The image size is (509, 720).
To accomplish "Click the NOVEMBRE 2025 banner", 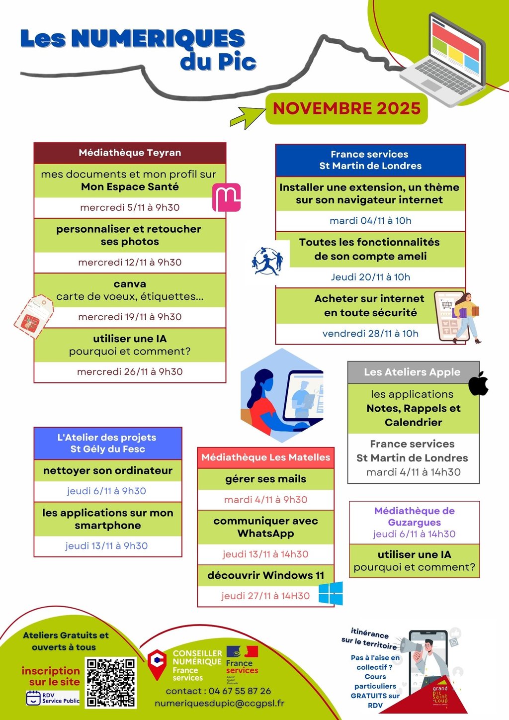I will click(346, 108).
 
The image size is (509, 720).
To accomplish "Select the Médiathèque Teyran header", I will click(130, 153).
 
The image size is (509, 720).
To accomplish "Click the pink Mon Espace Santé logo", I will click(226, 197).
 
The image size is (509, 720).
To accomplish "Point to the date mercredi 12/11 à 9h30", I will click(130, 262).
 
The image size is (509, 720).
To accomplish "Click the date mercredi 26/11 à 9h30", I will click(130, 371).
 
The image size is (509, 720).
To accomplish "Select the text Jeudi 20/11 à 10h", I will click(370, 277).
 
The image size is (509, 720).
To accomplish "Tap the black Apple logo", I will click(478, 383).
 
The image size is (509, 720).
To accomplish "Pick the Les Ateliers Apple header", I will click(412, 372).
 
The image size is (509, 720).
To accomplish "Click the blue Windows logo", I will click(331, 593).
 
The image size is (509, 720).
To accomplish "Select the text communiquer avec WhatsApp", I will click(265, 527).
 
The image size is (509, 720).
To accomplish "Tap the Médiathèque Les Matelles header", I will click(265, 457).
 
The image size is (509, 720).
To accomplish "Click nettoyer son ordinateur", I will click(108, 470).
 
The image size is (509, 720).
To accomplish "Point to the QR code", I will click(110, 683).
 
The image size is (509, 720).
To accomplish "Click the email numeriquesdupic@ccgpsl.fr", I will click(219, 703).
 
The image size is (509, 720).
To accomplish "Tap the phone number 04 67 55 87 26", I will click(240, 691).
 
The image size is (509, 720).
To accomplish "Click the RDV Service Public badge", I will click(53, 698).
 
